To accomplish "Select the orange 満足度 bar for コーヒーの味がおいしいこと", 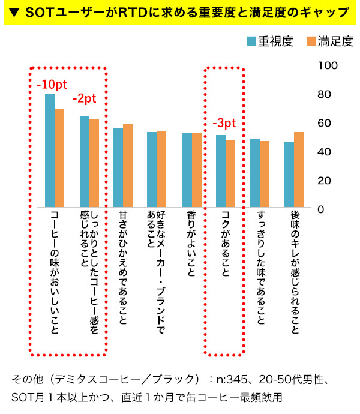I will (x=59, y=158).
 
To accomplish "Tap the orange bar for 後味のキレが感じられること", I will (x=298, y=170).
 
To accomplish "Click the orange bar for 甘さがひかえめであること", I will (x=127, y=166).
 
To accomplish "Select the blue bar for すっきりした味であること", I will (x=255, y=173).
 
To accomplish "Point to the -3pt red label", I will (x=224, y=124).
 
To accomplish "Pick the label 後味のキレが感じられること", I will (x=294, y=273).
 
